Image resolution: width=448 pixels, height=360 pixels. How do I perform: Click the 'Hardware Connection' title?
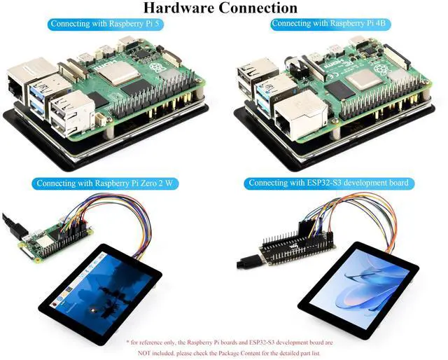(x=220, y=8)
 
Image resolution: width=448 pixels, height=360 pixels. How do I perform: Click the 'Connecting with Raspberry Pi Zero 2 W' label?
(x=104, y=184)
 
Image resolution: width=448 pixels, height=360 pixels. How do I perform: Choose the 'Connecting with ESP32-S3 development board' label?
(x=328, y=184)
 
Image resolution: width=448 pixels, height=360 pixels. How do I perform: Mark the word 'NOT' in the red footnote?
(x=148, y=353)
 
